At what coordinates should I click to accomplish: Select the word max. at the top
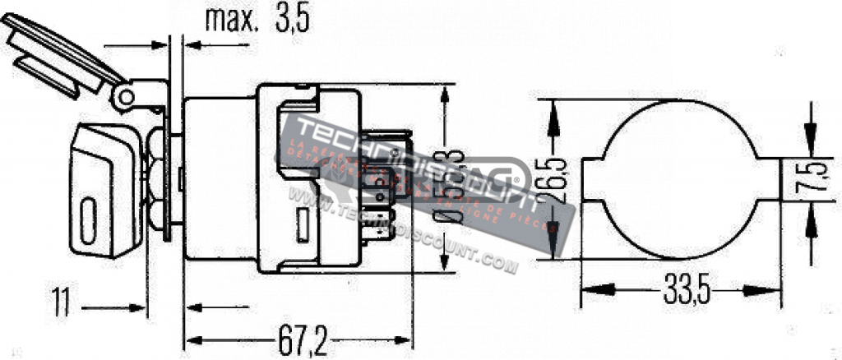point(231,20)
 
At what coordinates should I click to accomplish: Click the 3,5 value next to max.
point(290,20)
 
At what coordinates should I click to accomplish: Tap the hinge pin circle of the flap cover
point(125,97)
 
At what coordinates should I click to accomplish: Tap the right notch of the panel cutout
point(768,180)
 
